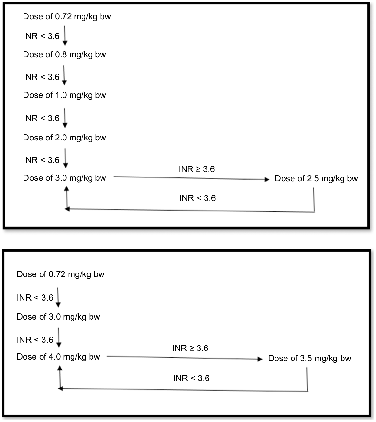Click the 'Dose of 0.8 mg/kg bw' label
tap(64, 55)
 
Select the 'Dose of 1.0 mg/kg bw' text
tap(64, 95)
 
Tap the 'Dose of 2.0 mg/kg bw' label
tap(64, 138)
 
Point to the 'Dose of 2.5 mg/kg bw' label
tap(316, 179)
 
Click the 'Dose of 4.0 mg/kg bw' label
tap(58, 357)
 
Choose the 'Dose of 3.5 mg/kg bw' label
tap(310, 359)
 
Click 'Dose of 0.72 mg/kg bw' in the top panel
tap(67, 17)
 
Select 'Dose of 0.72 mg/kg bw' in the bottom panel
tap(60, 274)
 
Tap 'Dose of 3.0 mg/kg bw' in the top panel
tap(64, 178)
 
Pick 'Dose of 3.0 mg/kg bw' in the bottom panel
tap(58, 317)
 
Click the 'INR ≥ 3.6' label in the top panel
tap(197, 169)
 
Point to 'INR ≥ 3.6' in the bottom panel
tap(190, 348)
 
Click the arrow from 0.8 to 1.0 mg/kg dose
tap(64, 75)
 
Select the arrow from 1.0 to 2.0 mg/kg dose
tap(65, 118)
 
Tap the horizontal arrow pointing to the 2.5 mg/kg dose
tap(192, 178)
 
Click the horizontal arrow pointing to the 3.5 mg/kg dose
tap(185, 358)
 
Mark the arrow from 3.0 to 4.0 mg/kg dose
tap(59, 337)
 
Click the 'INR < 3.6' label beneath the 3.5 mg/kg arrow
tap(191, 378)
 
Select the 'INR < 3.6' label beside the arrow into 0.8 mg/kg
tap(41, 36)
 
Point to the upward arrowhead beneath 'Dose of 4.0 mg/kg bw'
tap(60, 368)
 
